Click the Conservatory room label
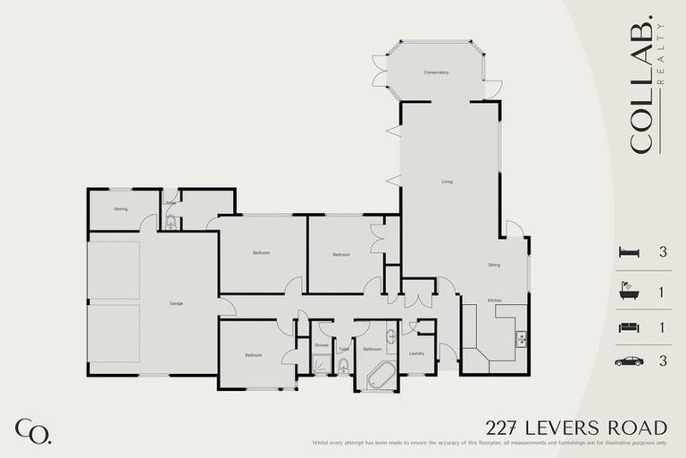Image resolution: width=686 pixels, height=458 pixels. click(x=436, y=72)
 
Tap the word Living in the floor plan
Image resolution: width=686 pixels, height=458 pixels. click(x=447, y=182)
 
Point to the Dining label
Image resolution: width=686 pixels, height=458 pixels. click(x=494, y=265)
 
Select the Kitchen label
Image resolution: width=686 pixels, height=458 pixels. click(x=494, y=300)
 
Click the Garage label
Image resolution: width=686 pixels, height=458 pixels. click(x=176, y=303)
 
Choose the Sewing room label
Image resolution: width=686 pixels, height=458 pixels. click(x=121, y=208)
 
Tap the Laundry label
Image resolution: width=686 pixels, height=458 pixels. click(x=415, y=353)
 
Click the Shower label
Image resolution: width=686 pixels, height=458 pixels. click(x=322, y=344)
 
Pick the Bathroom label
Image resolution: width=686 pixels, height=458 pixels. click(x=372, y=349)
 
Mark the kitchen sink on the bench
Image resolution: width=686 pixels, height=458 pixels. click(x=521, y=338)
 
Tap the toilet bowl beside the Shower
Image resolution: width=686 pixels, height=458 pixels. click(x=343, y=365)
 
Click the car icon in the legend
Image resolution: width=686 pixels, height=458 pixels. click(x=629, y=361)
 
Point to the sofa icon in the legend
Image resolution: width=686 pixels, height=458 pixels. click(x=629, y=327)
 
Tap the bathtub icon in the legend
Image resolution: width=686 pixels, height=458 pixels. click(x=629, y=292)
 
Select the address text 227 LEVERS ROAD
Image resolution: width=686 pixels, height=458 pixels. click(x=576, y=428)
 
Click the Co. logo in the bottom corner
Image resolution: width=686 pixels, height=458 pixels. click(x=33, y=430)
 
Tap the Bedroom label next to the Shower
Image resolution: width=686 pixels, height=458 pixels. click(x=253, y=355)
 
